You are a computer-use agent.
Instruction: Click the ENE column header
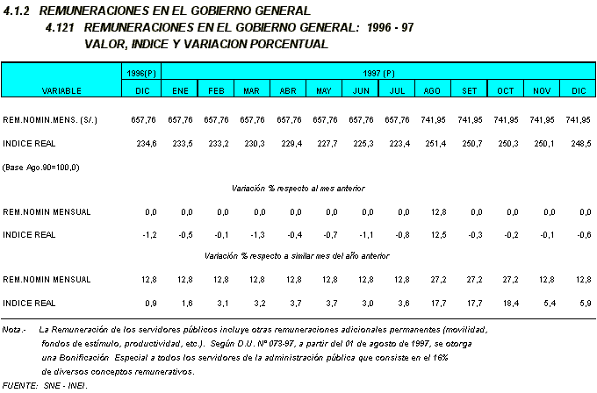pos(179,90)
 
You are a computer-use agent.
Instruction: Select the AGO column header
pos(433,90)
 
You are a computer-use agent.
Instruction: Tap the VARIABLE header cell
pos(61,90)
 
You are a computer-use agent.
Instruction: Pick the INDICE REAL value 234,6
pos(143,143)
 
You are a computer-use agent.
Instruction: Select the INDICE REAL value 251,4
pos(433,143)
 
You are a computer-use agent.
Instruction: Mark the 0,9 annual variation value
pos(148,303)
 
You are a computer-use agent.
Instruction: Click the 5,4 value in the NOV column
pos(543,303)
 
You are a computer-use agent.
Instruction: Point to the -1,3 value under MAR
pos(251,234)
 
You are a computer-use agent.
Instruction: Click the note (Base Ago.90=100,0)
pos(41,166)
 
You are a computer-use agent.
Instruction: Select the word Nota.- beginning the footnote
pos(13,329)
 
